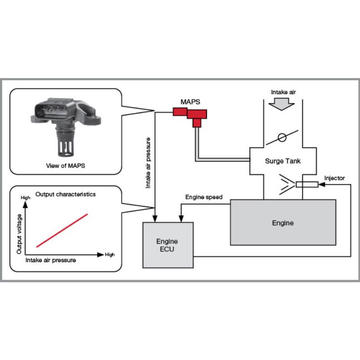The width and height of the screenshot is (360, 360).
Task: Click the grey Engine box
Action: pos(283,223)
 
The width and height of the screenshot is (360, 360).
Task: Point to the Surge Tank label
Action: pos(283,161)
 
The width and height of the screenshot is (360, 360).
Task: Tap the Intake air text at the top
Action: pos(283,92)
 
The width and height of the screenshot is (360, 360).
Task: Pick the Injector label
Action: pos(334,178)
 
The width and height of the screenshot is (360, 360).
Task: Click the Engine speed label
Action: pos(204,197)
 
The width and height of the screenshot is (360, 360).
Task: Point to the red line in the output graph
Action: pos(62,230)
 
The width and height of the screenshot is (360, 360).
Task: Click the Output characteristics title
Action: pos(66,194)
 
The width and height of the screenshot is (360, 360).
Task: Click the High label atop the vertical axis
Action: pos(25,198)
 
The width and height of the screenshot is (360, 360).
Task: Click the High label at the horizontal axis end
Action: pos(110,255)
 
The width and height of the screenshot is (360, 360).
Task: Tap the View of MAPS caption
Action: pos(66,165)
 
